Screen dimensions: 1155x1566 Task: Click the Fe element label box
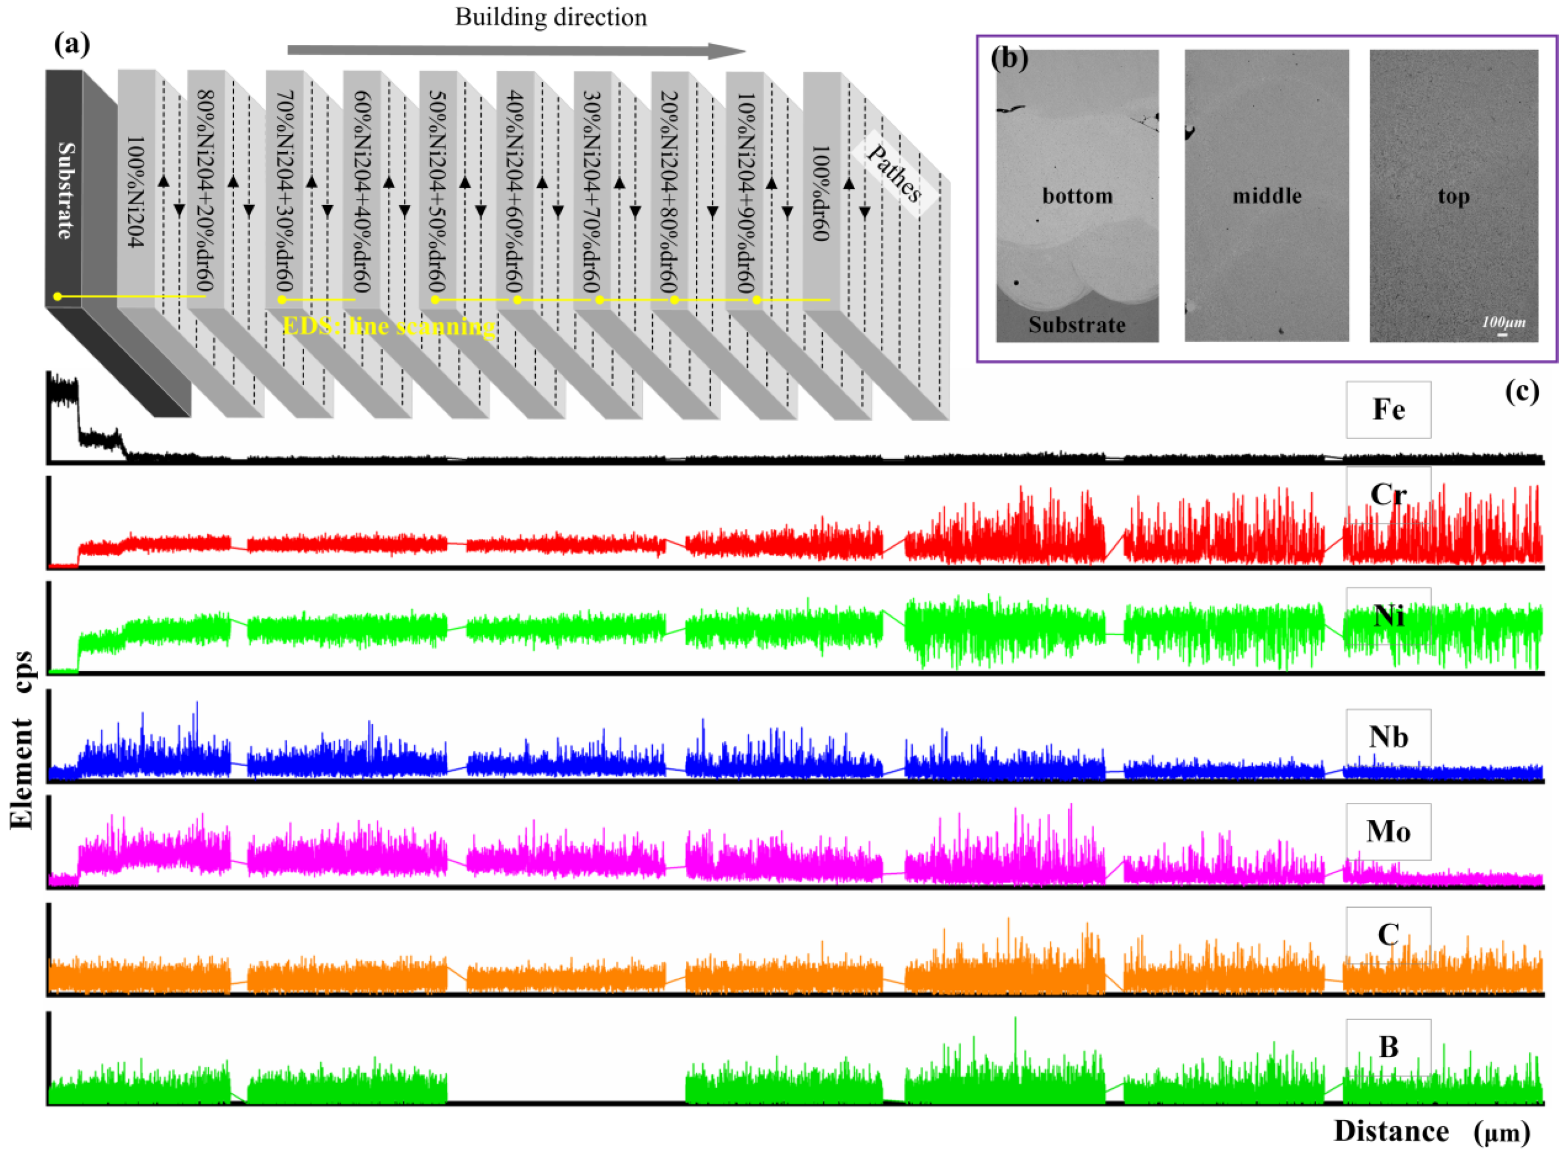[x=1387, y=410]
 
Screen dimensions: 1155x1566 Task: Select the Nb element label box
[x=1387, y=738]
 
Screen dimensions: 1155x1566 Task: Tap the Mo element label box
[x=1387, y=831]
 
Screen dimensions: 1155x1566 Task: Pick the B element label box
[x=1387, y=1047]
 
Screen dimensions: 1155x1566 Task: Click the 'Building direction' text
[x=551, y=17]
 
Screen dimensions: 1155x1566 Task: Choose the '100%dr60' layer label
[x=820, y=193]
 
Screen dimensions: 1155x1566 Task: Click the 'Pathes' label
[x=894, y=173]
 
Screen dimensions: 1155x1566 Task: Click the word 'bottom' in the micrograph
[x=1077, y=196]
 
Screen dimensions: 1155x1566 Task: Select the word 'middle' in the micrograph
[x=1266, y=196]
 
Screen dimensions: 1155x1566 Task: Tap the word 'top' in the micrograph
[x=1454, y=197]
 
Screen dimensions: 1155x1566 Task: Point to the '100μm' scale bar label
[x=1503, y=322]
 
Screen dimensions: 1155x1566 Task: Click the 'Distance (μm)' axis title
[x=1431, y=1131]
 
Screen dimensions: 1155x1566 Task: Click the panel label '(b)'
[x=1009, y=59]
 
